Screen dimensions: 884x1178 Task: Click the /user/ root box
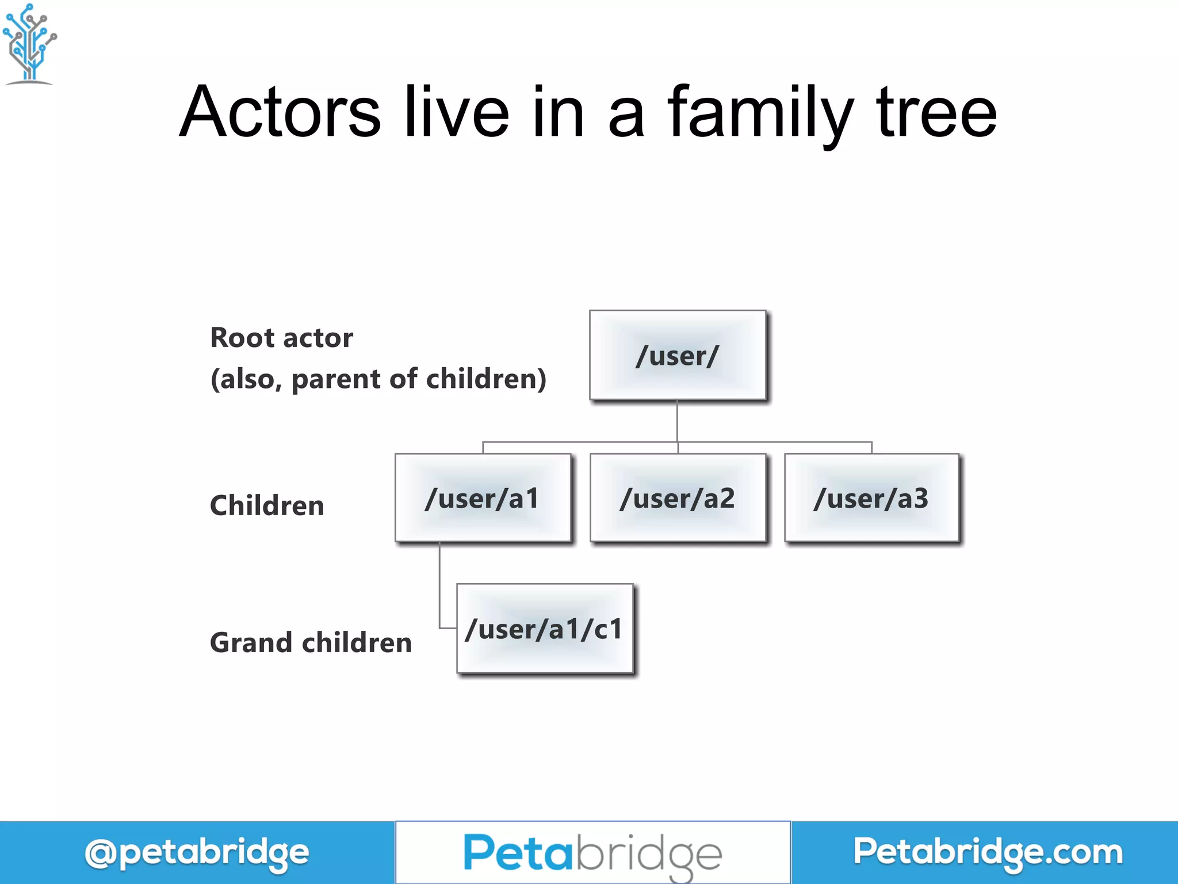[x=678, y=355]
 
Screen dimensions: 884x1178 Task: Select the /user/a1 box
[x=483, y=498]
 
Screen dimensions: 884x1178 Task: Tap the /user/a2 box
[x=678, y=498]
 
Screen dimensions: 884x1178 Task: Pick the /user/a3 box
[x=871, y=498]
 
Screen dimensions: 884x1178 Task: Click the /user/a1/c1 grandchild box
[x=545, y=628]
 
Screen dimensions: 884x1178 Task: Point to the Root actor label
[x=281, y=338]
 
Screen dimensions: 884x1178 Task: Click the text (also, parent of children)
[x=378, y=379]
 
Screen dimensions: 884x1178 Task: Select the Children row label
[x=267, y=506]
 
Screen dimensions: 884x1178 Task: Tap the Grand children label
[x=311, y=643]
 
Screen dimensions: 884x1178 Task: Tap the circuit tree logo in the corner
[x=30, y=44]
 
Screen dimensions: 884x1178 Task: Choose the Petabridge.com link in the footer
[x=988, y=852]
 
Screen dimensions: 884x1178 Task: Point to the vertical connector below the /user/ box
[x=677, y=421]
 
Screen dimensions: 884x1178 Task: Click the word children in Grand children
[x=357, y=643]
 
